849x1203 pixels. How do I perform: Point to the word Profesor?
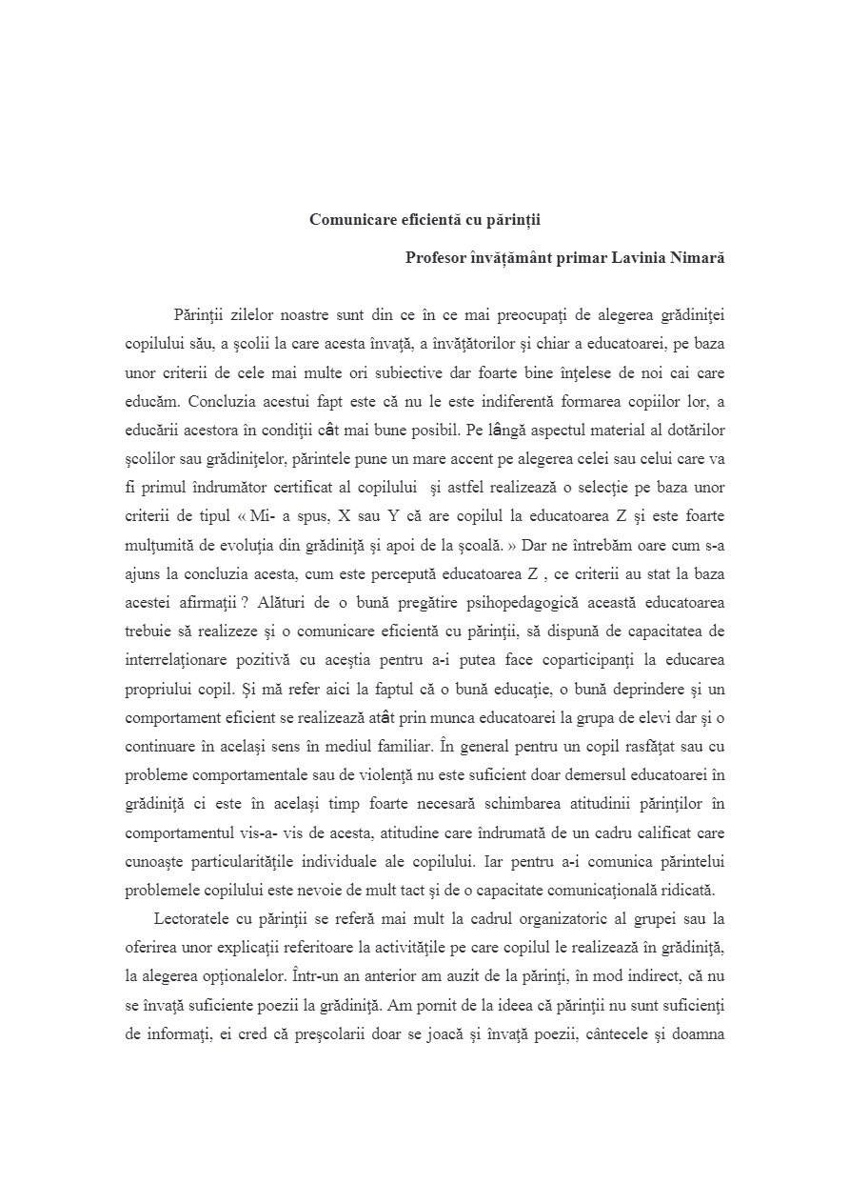(x=435, y=258)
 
